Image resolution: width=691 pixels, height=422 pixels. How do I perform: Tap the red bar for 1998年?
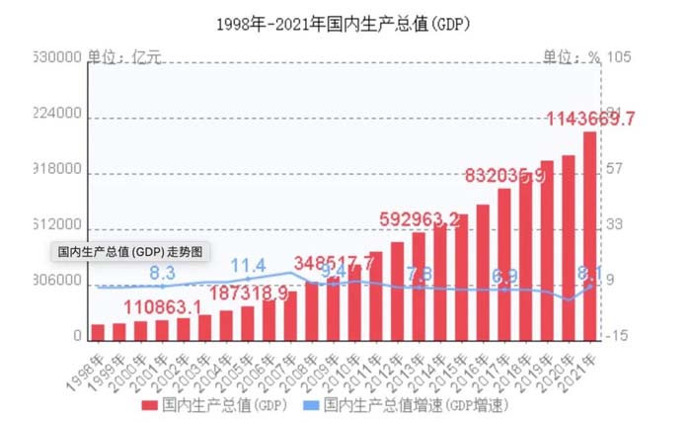(98, 331)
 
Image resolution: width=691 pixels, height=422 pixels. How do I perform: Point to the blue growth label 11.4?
(248, 266)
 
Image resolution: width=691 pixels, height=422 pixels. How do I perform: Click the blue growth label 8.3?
(162, 272)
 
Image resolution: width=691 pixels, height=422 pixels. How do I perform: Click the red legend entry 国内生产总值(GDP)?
(219, 405)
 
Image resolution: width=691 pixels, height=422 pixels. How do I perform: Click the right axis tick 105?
(619, 57)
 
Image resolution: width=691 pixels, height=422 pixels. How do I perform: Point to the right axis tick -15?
(619, 337)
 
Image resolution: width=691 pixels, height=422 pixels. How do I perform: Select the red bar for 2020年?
(568, 247)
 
